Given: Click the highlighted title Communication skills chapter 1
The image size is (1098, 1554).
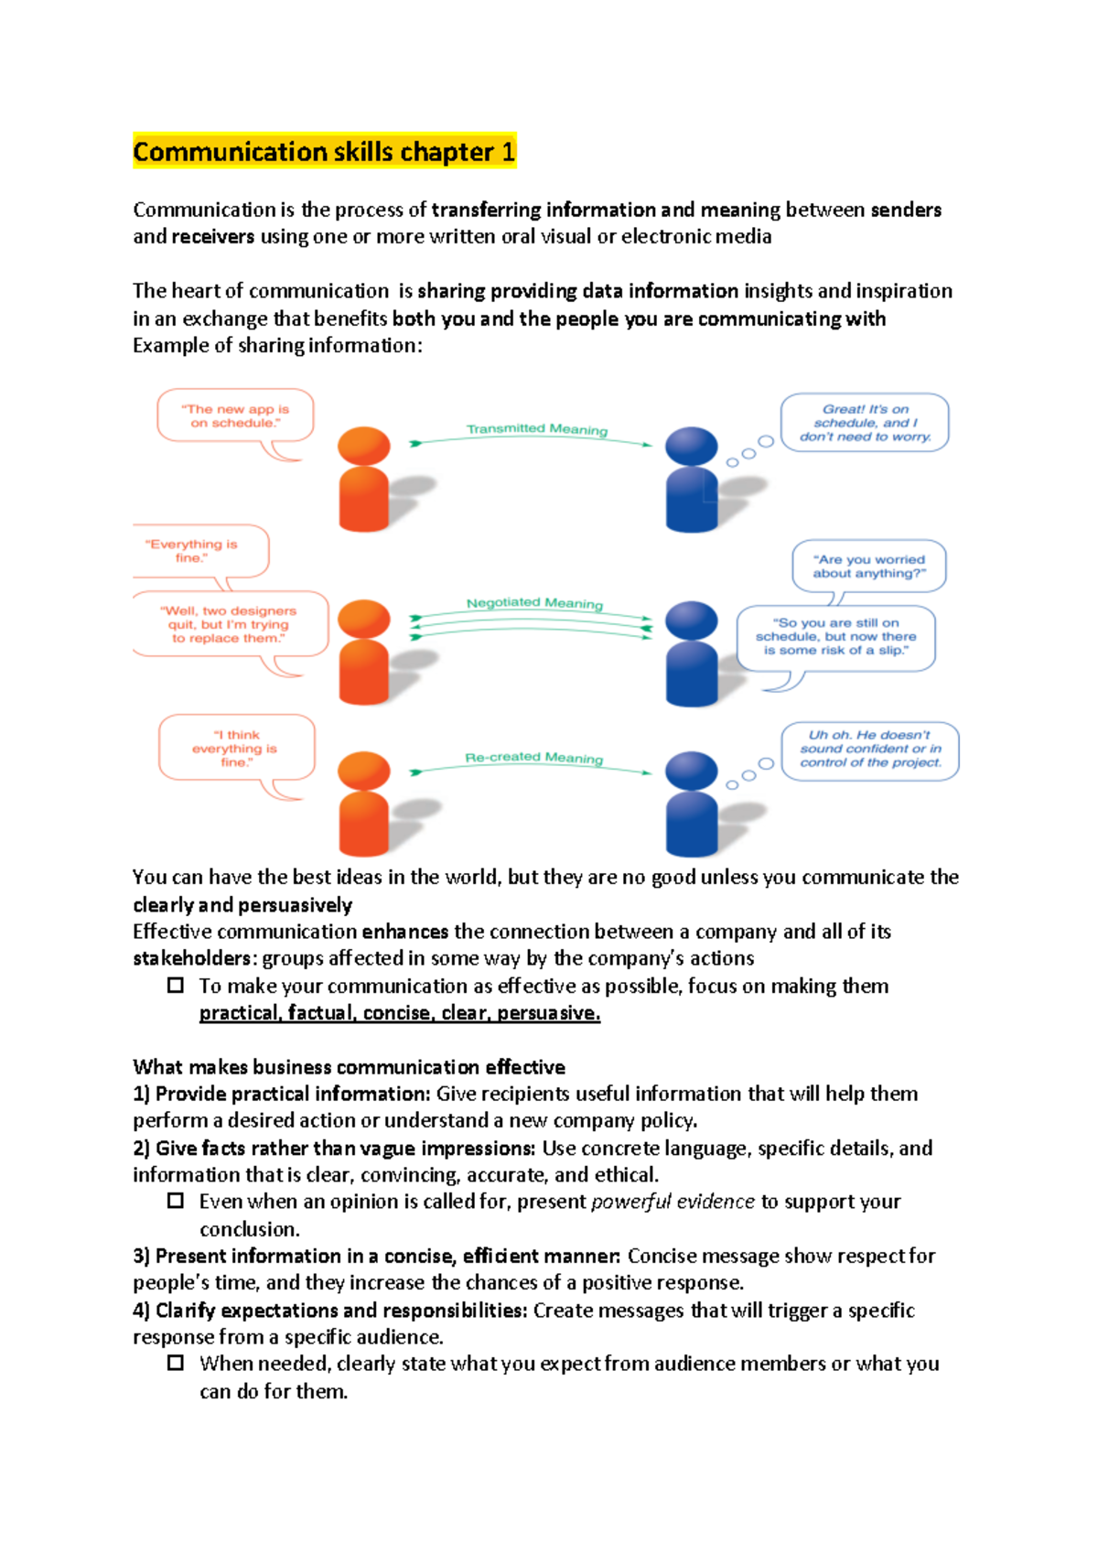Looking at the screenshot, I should point(324,151).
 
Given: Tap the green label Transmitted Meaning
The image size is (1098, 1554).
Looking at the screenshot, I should point(536,428).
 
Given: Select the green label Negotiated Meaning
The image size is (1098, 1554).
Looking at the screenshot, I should point(534,602).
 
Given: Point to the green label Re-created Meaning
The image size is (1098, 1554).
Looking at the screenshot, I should point(533,757).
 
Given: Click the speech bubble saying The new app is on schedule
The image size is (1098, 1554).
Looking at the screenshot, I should point(235,416).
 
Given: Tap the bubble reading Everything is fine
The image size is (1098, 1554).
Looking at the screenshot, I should point(191,551).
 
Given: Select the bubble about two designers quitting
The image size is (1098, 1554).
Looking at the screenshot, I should point(229,624).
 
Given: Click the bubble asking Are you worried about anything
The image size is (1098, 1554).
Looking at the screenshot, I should point(868,567).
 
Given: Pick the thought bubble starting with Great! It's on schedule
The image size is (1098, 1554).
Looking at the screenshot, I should point(864,423).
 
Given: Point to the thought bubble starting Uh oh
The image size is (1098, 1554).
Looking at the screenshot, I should point(869,749).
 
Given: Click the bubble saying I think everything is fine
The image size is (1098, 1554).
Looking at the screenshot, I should point(235,748).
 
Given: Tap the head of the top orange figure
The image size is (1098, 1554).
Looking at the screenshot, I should point(363,446).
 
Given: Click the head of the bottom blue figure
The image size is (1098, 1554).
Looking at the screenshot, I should point(691,771).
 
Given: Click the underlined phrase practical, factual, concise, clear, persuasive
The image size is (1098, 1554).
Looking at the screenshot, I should point(400,1013).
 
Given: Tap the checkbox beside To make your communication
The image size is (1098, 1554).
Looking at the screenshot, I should point(176,986).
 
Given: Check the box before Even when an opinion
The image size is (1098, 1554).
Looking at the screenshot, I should point(176,1201).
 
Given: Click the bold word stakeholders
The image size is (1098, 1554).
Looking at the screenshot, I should point(191,958).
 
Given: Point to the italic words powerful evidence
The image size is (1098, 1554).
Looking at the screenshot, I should point(673,1202).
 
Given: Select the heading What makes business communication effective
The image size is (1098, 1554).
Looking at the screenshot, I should point(349,1067).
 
